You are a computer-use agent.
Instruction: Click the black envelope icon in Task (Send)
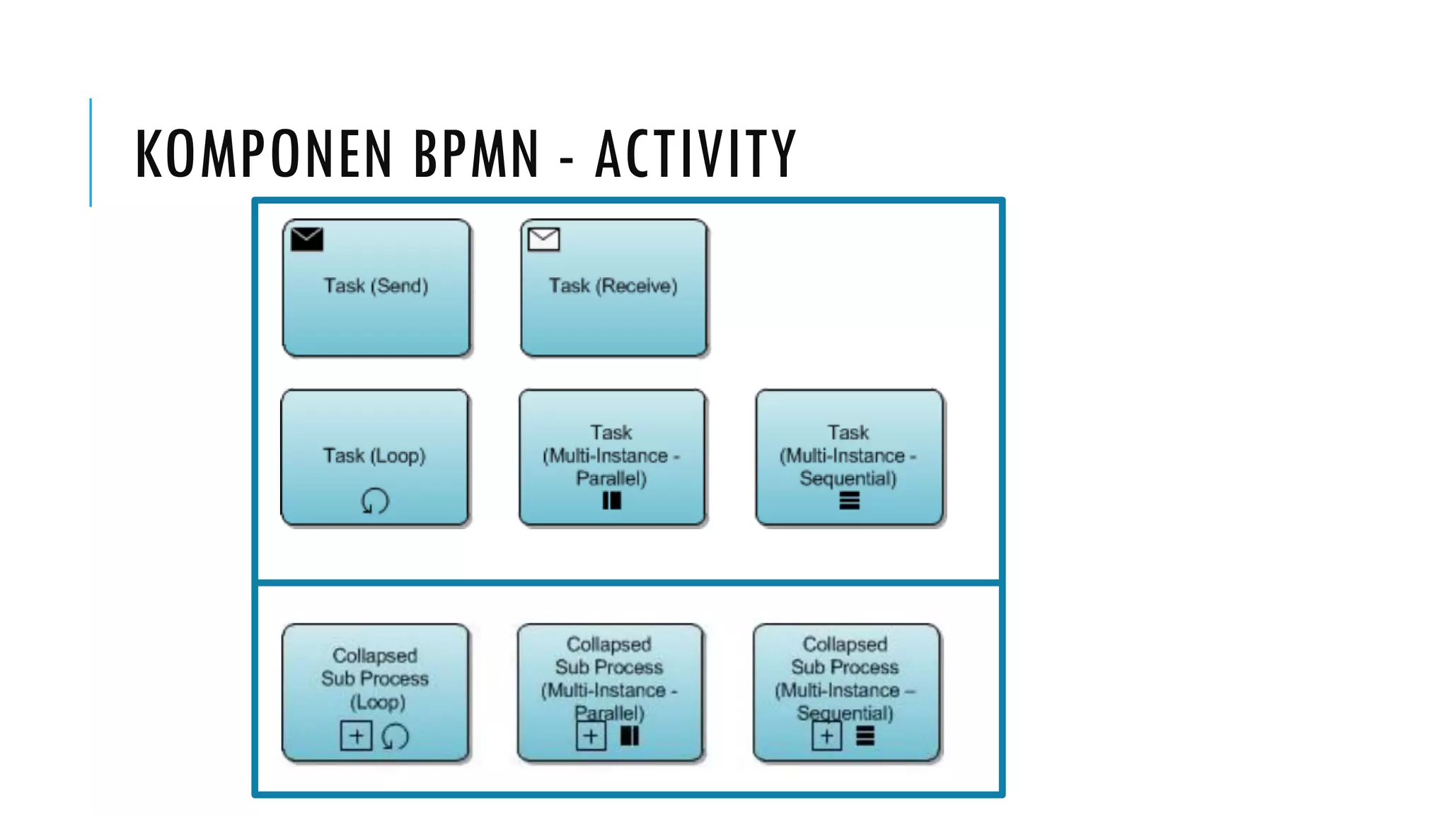pyautogui.click(x=307, y=239)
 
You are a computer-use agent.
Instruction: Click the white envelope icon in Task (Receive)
pyautogui.click(x=543, y=239)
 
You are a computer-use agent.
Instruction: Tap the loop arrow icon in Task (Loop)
pyautogui.click(x=375, y=501)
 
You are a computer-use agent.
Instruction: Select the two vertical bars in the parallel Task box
pyautogui.click(x=611, y=501)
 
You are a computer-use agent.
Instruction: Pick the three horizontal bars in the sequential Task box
pyautogui.click(x=849, y=501)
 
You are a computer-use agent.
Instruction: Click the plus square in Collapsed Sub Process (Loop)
pyautogui.click(x=356, y=736)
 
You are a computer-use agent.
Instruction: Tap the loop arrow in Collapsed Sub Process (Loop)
pyautogui.click(x=395, y=736)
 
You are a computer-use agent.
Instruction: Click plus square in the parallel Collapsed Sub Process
pyautogui.click(x=591, y=736)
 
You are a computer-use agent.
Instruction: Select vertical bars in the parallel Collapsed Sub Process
pyautogui.click(x=630, y=736)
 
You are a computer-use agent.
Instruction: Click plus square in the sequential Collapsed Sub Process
pyautogui.click(x=826, y=736)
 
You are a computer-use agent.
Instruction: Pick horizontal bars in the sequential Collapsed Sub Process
pyautogui.click(x=865, y=736)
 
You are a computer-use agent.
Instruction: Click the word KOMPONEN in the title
pyautogui.click(x=263, y=154)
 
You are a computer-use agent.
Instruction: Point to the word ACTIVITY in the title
pyautogui.click(x=696, y=154)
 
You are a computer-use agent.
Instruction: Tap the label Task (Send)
pyautogui.click(x=376, y=286)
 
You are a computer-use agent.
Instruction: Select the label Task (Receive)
pyautogui.click(x=613, y=286)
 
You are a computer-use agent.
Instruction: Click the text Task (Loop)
pyautogui.click(x=374, y=456)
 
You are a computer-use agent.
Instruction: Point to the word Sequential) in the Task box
pyautogui.click(x=848, y=479)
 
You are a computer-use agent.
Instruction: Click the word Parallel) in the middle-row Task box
pyautogui.click(x=611, y=479)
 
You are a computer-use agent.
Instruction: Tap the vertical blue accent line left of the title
pyautogui.click(x=91, y=153)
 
